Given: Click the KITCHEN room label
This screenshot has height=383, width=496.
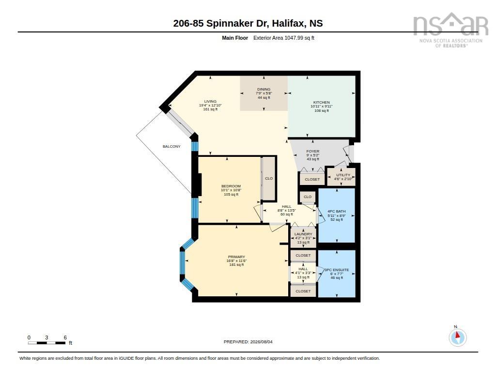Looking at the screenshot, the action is tap(322, 103).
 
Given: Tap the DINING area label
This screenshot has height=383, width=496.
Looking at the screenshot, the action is tap(264, 89).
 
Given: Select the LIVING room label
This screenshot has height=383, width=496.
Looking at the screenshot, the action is tap(210, 102).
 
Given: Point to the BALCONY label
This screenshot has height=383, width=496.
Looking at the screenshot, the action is tap(171, 146).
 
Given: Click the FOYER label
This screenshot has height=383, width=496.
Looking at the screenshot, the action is tap(313, 151).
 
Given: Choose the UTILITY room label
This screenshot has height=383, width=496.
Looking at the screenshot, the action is tap(343, 175).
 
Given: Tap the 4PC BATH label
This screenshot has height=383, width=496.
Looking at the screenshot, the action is tap(337, 211).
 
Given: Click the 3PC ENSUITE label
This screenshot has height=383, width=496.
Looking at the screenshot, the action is tap(337, 270).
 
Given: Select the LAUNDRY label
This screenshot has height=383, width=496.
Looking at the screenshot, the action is tap(303, 234).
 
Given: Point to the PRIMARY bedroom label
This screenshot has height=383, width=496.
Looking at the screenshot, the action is tap(236, 257).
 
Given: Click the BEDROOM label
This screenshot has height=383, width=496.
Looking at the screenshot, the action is tap(231, 186).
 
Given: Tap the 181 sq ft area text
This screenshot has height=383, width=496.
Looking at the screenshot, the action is tap(236, 265).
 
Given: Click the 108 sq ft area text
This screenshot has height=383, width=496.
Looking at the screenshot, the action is tap(322, 111).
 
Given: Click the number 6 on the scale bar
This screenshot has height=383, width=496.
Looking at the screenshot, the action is tap(65, 337).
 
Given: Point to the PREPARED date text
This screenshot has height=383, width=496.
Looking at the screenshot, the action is tap(248, 342).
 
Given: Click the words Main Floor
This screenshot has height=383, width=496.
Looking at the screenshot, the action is tap(235, 38).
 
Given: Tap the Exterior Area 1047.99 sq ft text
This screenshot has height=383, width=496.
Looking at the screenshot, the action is tap(284, 38).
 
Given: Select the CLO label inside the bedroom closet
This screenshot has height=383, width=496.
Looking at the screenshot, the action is tap(269, 178).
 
